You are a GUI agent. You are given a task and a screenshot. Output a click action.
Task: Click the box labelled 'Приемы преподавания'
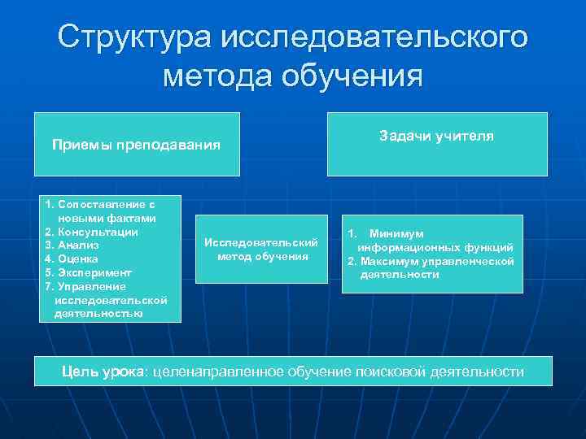(x=137, y=145)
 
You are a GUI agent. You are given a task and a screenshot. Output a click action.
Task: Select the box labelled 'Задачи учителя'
(x=436, y=144)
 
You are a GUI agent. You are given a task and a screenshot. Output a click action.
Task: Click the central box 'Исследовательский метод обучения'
(x=261, y=250)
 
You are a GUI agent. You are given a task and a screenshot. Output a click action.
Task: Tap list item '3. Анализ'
(x=72, y=246)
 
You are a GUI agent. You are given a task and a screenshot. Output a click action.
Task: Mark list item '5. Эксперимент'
(x=88, y=273)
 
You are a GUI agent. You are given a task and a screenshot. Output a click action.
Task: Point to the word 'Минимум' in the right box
(x=396, y=233)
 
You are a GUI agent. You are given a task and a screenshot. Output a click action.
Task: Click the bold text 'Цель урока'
(x=102, y=372)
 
